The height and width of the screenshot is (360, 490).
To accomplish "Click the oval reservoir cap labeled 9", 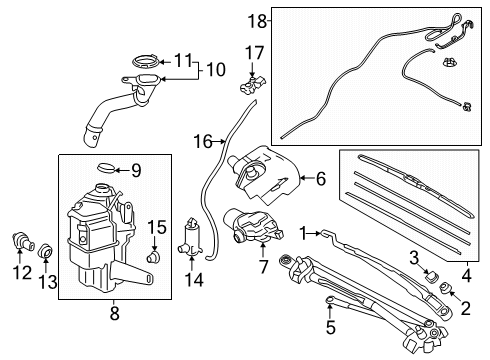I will pos(105,166).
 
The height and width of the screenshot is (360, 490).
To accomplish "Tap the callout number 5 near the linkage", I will pos(331,325).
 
